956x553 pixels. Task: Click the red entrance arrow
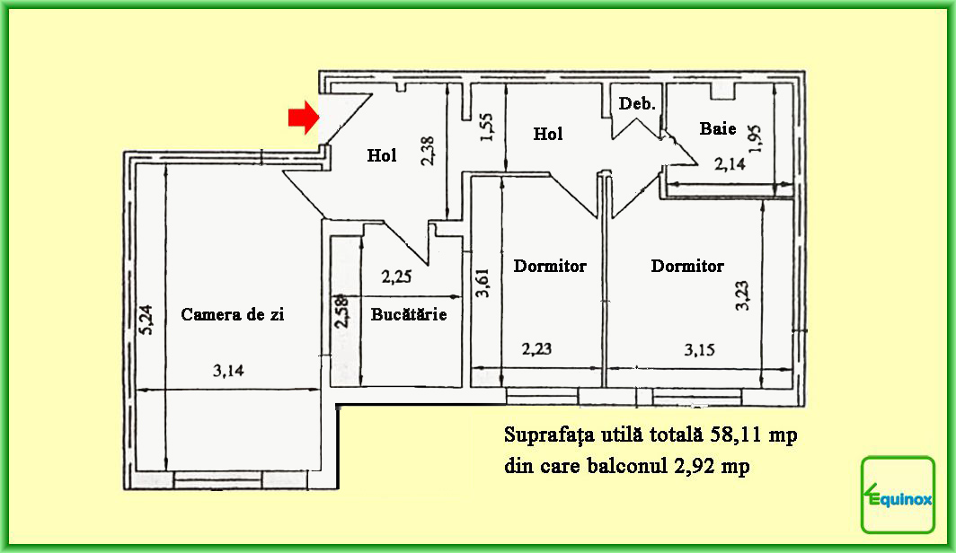304,118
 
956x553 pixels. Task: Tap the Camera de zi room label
233,314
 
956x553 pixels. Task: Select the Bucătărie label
409,314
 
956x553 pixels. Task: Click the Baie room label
718,128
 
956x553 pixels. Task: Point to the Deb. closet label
637,103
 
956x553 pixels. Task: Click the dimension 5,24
147,320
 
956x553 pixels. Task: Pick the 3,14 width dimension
228,370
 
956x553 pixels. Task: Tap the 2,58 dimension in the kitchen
342,312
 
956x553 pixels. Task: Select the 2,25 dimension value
396,276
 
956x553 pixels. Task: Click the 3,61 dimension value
482,283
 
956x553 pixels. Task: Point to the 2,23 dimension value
536,349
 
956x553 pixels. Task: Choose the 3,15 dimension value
699,349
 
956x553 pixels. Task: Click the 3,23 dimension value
742,296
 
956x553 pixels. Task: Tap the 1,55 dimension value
487,127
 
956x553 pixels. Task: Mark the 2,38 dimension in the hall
427,151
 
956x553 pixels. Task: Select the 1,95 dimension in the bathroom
755,139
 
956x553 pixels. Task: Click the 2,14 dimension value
730,163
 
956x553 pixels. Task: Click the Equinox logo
898,496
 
